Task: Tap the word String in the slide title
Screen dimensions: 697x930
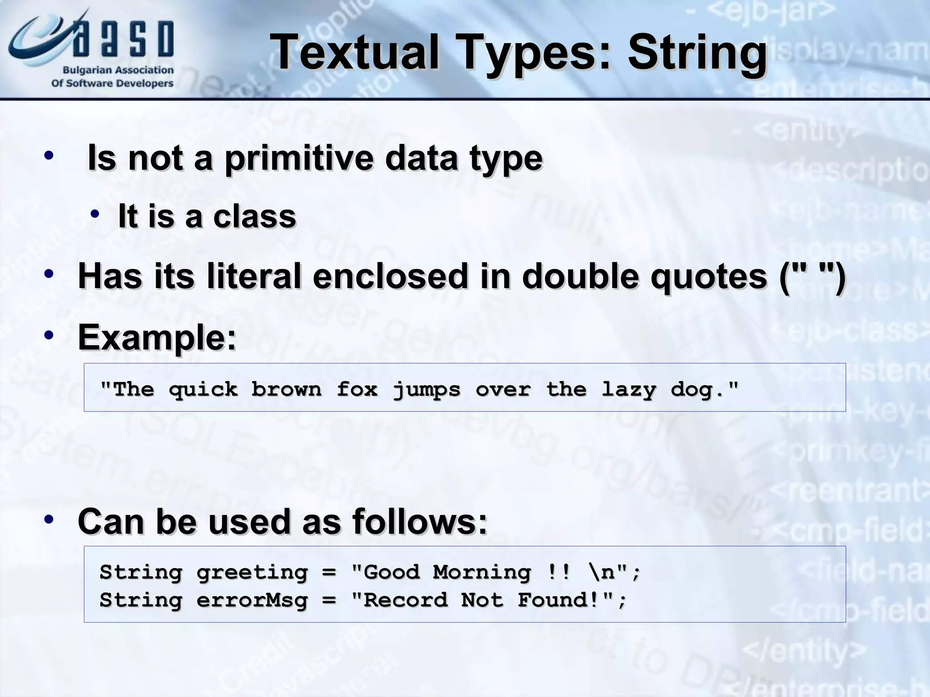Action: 697,54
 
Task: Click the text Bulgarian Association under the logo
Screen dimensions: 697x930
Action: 118,70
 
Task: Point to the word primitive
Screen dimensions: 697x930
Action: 300,158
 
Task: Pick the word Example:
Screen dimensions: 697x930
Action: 157,337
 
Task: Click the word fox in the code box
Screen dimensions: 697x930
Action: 357,389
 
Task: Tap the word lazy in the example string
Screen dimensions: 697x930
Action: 629,389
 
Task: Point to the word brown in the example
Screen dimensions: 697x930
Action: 286,389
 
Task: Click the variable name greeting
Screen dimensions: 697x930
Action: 252,573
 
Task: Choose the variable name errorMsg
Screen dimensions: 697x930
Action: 252,600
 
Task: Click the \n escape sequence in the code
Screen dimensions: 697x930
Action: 602,572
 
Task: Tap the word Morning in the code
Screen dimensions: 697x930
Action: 481,572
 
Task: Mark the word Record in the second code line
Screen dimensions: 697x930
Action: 406,600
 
